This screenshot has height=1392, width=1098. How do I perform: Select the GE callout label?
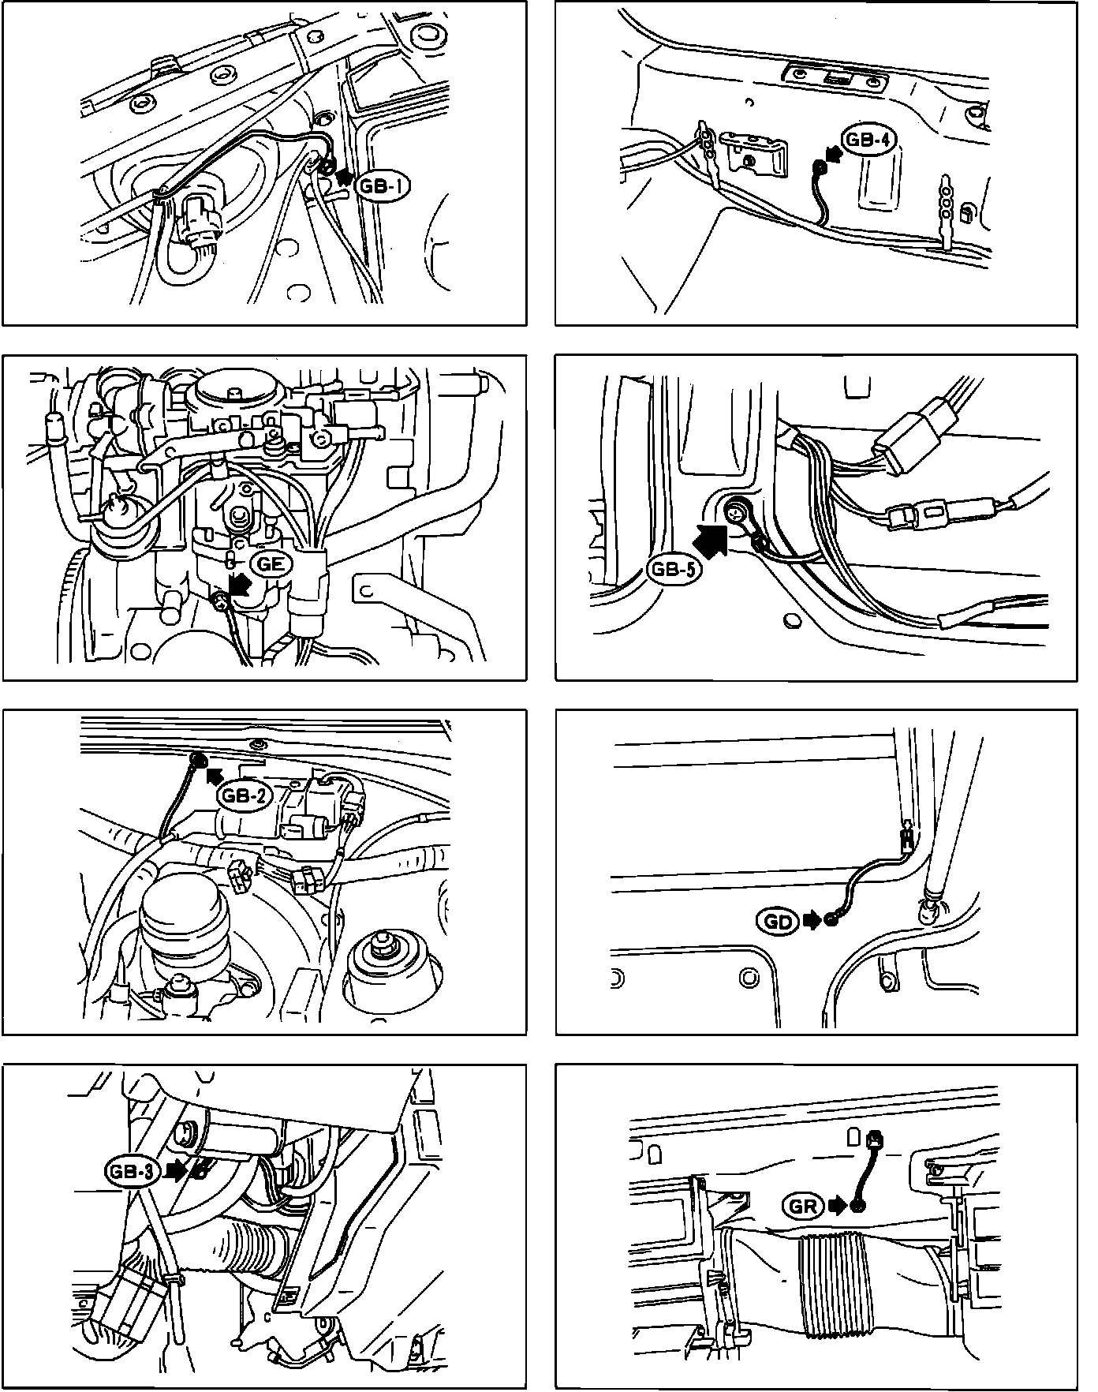click(271, 563)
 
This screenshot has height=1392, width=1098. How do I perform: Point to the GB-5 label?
click(674, 569)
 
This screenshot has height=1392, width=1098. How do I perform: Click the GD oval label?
click(779, 920)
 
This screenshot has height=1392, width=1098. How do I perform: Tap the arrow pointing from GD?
click(812, 920)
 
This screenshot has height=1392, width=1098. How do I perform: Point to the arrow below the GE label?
click(239, 586)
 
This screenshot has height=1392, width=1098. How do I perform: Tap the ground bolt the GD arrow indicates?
click(831, 920)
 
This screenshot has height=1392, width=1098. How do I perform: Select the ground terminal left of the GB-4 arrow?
click(820, 167)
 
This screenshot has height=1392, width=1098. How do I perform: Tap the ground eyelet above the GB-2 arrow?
click(198, 759)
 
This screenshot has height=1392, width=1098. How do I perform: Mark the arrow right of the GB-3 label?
click(178, 1169)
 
